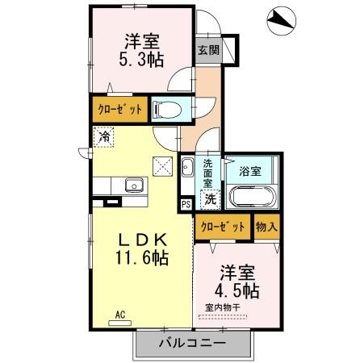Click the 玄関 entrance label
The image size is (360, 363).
click(208, 50)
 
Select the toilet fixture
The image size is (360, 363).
click(168, 109)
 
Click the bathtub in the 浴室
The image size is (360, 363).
click(253, 197)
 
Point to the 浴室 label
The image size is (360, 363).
click(250, 171)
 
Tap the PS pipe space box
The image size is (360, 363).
click(186, 204)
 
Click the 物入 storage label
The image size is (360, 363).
click(267, 227)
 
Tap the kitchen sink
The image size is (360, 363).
click(132, 187)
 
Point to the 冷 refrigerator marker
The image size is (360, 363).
click(104, 137)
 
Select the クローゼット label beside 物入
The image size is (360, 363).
click(222, 227)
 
